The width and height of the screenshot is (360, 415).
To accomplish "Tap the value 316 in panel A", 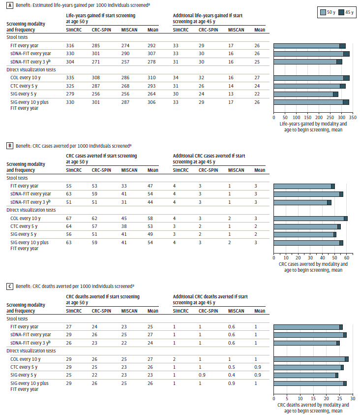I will [71, 46].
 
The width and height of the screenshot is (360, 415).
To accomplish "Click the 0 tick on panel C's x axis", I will [273, 398].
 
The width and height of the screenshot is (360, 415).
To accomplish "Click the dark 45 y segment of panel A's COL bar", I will [346, 78].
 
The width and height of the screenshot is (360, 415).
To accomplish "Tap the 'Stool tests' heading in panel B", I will [18, 178].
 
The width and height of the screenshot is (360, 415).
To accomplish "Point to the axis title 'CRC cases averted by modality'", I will [313, 264].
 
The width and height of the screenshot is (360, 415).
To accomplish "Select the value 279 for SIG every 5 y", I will [71, 94].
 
